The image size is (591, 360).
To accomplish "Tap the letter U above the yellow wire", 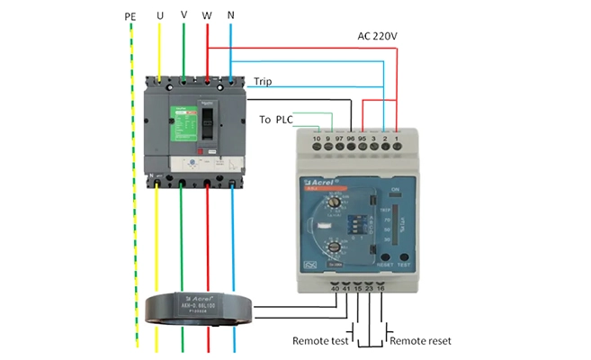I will pos(160,17).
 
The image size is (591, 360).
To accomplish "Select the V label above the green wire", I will pos(184,17).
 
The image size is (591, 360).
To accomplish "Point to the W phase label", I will pos(208,17).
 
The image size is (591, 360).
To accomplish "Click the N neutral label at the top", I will pos(231,17).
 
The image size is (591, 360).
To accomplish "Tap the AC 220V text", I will pos(378,35).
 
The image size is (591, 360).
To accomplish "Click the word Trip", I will pos(263,81).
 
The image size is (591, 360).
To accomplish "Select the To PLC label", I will pos(276,119).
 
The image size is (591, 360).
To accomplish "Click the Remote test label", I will pos(319,341).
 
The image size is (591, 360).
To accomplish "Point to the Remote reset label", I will pos(420,341).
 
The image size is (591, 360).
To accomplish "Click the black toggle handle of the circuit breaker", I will pos(207,118).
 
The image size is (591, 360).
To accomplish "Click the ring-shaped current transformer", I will pos(200,308).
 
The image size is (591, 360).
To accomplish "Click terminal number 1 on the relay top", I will pos(397,139).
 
